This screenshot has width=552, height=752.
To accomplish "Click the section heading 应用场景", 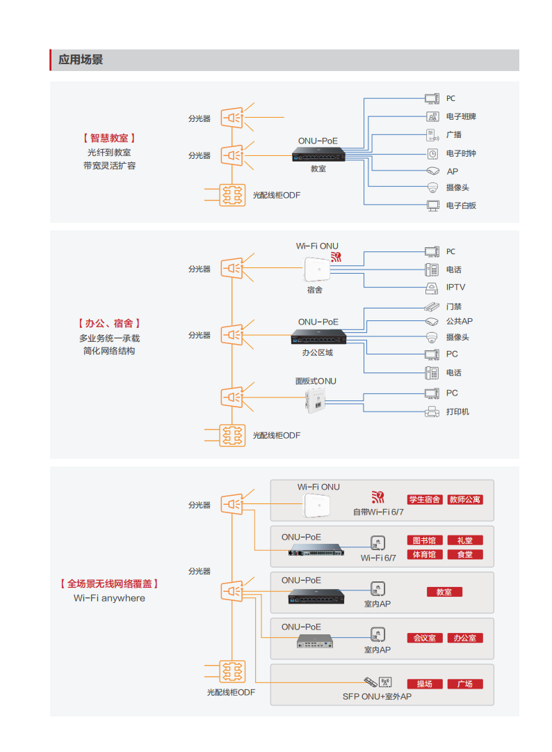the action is pos(81,60).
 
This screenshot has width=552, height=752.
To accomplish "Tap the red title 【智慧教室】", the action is pos(109,138).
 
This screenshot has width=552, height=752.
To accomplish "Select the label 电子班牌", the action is pos(460,116).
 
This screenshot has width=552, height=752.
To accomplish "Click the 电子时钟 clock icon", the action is pos(432,154).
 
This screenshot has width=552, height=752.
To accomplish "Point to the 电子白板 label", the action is pos(460,205).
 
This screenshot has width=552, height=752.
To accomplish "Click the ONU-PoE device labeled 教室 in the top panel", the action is pos(318,155).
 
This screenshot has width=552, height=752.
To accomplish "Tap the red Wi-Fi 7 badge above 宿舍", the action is pos(336,257).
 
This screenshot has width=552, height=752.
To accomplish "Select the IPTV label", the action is pos(455,288).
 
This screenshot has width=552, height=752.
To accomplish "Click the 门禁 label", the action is pos(453,306).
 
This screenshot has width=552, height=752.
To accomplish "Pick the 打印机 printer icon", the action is pos(432,412).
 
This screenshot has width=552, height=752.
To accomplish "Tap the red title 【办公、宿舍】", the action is pos(109,324).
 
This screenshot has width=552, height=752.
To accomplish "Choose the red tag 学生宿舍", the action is pos(425,499).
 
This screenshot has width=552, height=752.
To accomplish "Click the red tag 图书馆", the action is pos(425,540).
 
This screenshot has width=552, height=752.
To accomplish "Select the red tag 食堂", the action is pos(465,555).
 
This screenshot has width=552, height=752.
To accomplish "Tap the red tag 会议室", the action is pos(425,638).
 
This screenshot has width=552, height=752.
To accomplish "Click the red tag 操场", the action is pos(425,684).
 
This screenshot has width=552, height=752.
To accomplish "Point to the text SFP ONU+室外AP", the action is pos(377,696).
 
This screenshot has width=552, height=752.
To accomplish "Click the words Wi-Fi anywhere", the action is pos(109,598).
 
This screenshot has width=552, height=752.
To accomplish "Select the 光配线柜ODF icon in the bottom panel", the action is pos(232,671).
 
